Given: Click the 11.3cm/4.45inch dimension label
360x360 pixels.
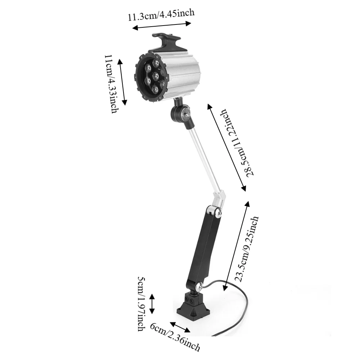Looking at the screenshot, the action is tap(161, 14).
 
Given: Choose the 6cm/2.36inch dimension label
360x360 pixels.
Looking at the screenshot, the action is tap(175, 338).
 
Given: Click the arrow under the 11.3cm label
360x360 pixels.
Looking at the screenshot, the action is tap(162, 26).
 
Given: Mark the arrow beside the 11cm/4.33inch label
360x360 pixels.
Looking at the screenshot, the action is tap(122, 82).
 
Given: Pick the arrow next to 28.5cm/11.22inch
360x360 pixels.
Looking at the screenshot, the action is tap(226, 147).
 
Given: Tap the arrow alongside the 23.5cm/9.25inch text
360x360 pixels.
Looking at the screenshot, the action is tap(236, 246).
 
